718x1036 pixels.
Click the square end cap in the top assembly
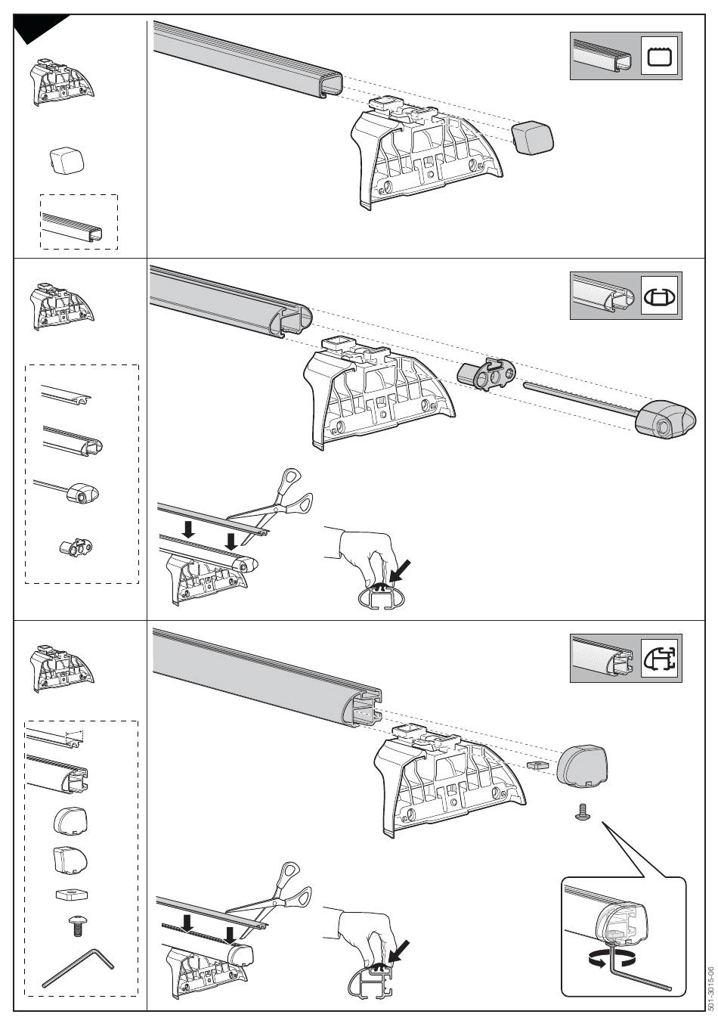532,137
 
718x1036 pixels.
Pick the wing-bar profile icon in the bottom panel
660,657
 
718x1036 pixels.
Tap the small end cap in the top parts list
66,160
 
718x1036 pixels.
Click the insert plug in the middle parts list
76,546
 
